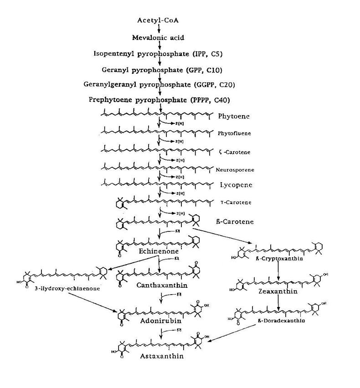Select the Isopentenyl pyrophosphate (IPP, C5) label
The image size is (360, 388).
158,54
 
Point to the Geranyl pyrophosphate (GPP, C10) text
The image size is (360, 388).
159,70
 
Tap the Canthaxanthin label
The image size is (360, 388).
159,286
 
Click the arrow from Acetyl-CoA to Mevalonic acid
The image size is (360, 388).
159,29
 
